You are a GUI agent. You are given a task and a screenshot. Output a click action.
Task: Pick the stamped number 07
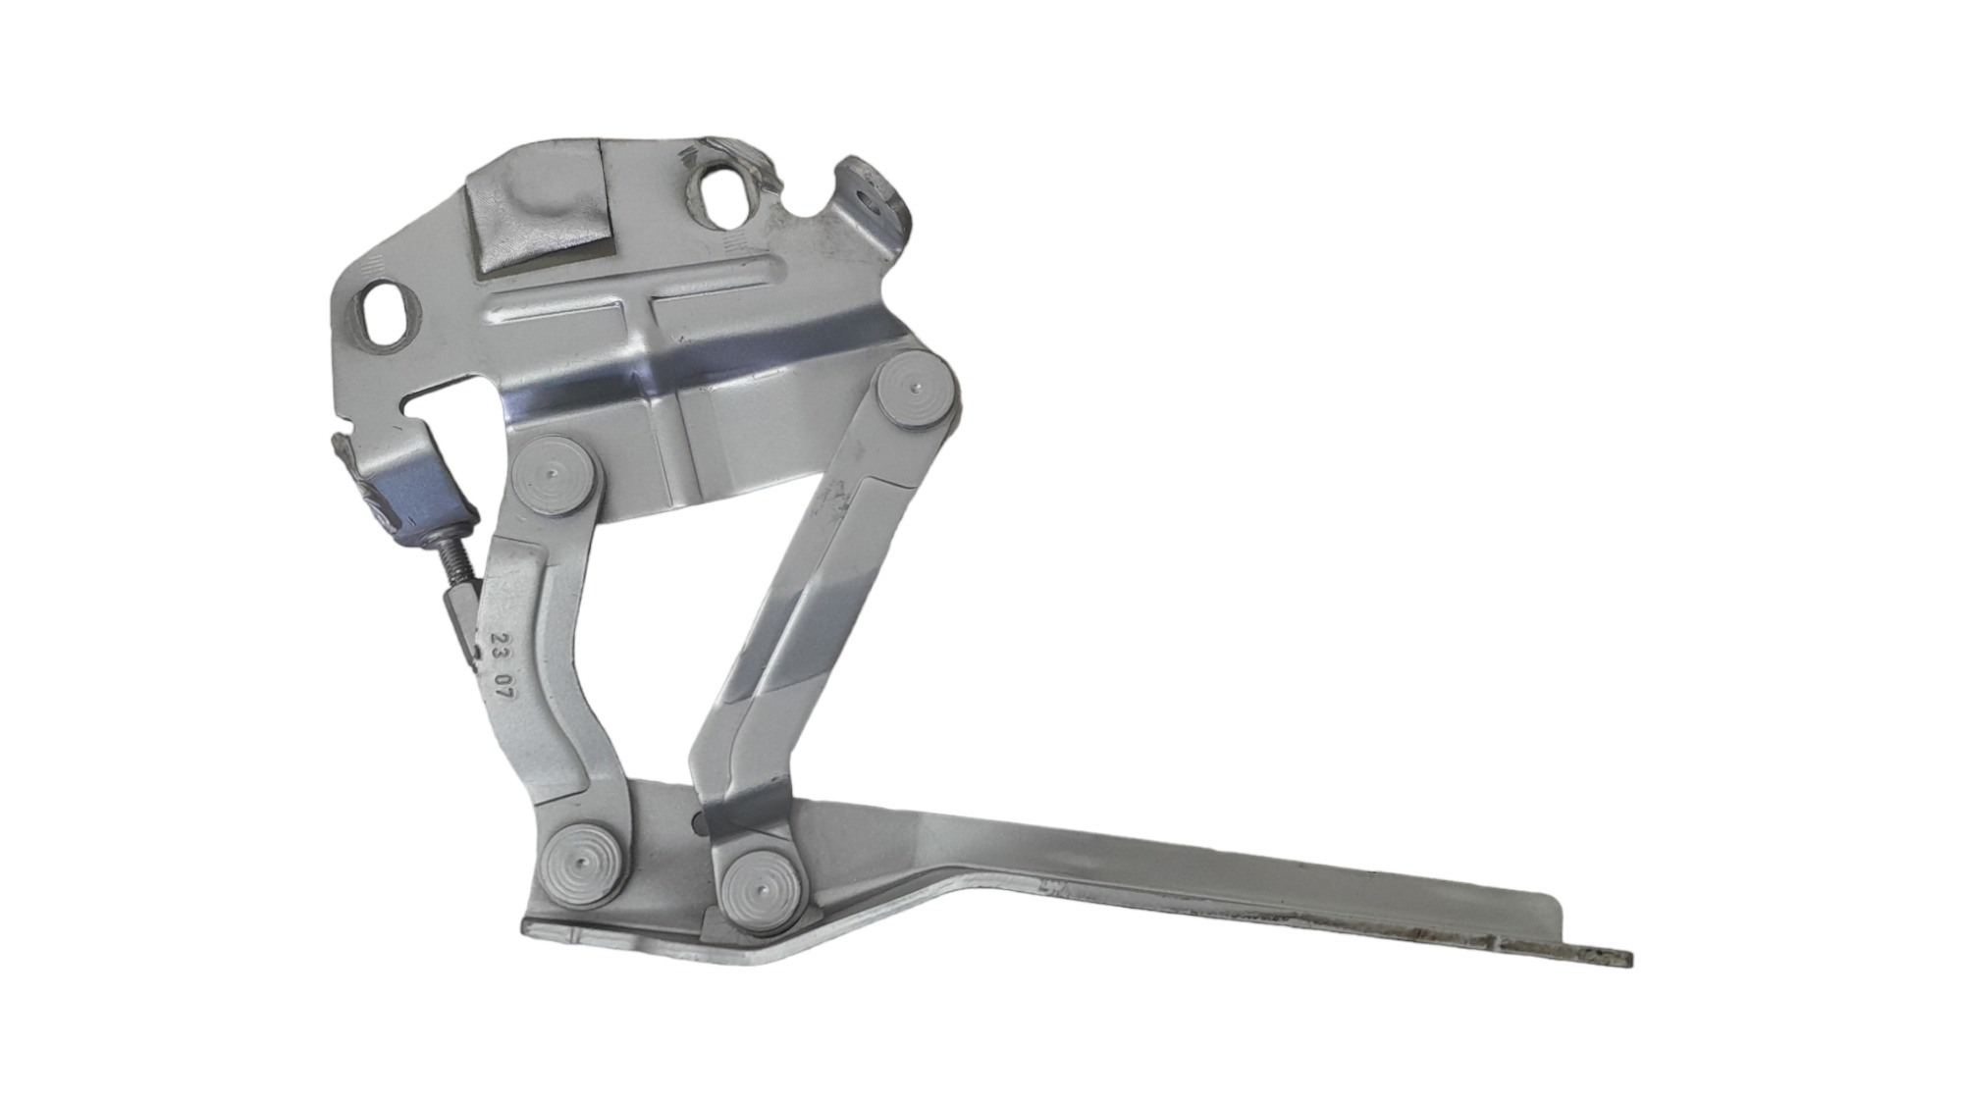(x=505, y=687)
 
